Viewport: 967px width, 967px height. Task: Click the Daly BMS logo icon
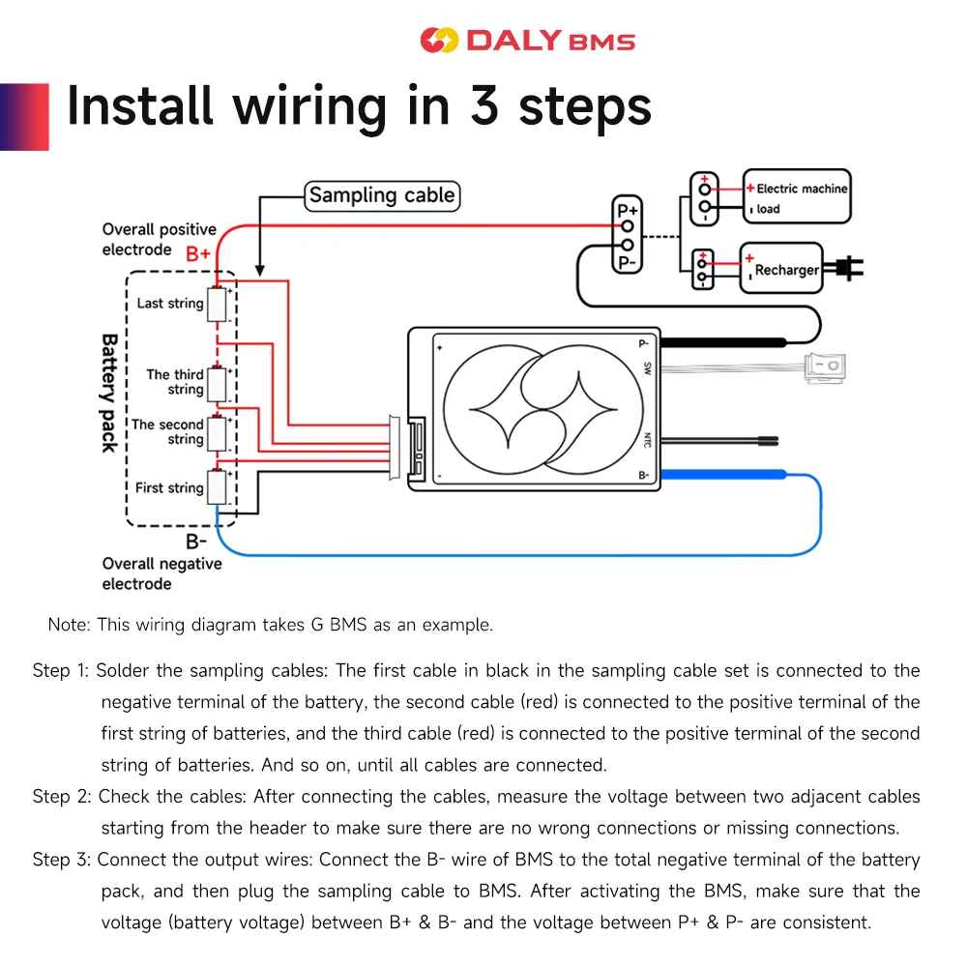[x=439, y=41]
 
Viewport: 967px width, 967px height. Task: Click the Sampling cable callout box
[x=382, y=196]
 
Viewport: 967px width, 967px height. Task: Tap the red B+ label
[x=198, y=253]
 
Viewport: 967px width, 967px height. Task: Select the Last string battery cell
[x=217, y=304]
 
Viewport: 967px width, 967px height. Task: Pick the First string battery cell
[x=217, y=487]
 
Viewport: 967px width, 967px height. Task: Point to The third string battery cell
[x=217, y=384]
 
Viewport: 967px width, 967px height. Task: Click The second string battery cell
[x=217, y=433]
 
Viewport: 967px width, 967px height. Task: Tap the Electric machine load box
[x=797, y=196]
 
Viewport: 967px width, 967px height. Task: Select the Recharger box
[x=781, y=268]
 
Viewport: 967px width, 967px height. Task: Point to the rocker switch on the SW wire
[x=825, y=367]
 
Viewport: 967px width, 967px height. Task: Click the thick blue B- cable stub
[x=723, y=474]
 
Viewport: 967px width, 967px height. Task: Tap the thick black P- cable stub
[x=723, y=342]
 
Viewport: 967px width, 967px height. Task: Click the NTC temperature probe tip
[x=769, y=441]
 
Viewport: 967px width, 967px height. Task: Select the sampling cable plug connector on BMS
[x=395, y=448]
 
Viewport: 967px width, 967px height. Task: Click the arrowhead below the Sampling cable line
[x=260, y=271]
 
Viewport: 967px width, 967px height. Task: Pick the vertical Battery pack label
[x=109, y=394]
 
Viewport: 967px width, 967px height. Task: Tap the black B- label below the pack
[x=196, y=542]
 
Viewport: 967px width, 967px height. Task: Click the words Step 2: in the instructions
[x=62, y=797]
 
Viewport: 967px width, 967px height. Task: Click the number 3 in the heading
[x=484, y=105]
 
